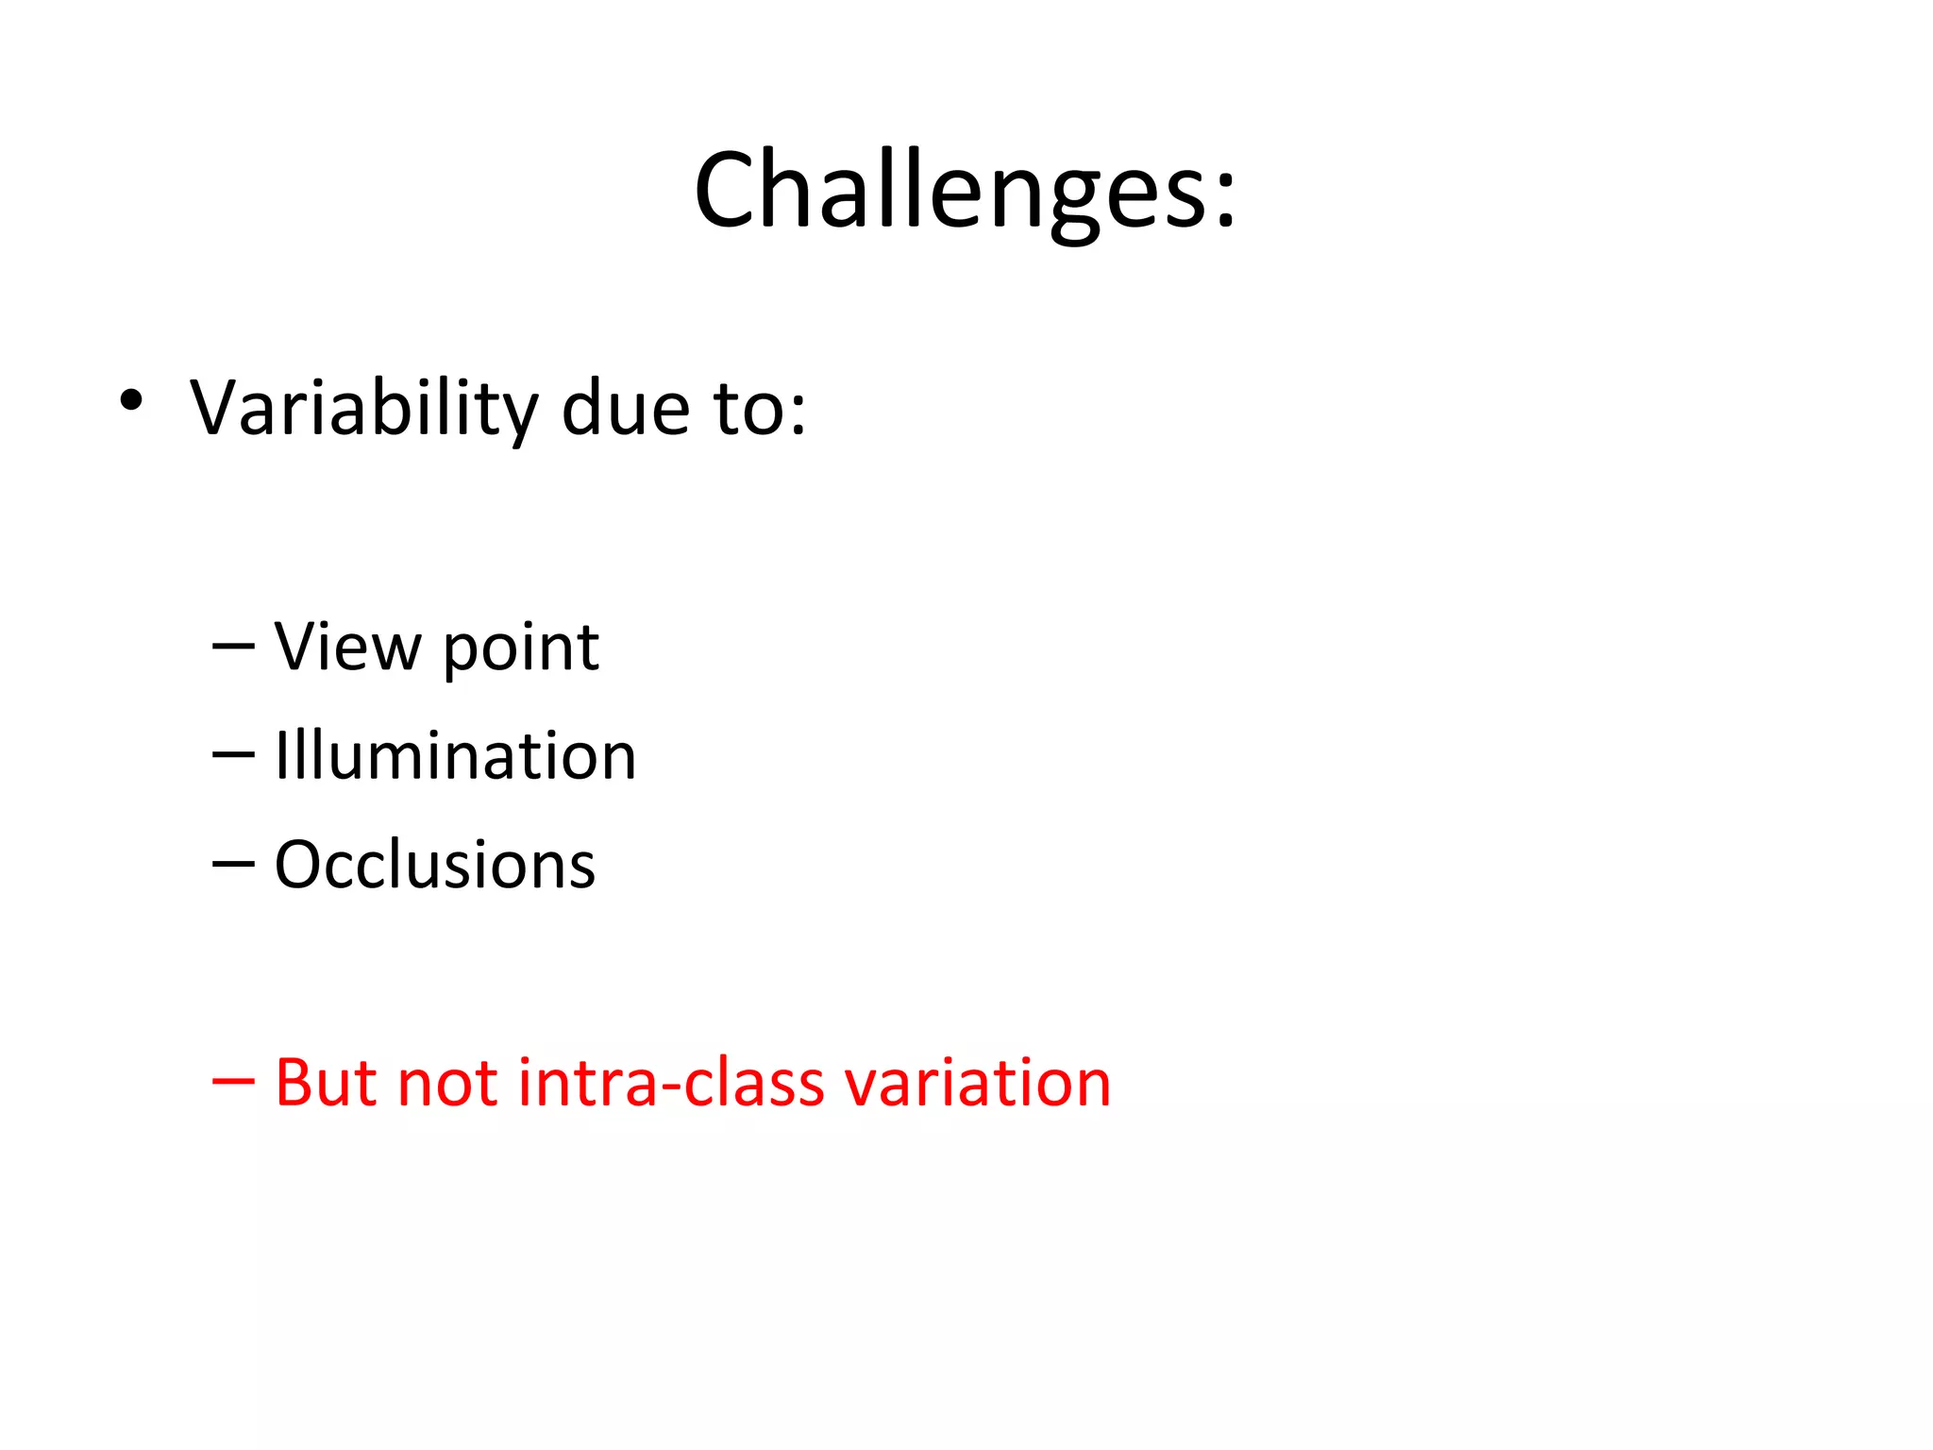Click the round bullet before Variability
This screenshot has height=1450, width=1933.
[131, 400]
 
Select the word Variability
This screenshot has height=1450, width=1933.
[363, 409]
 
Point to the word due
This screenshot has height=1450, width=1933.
[625, 409]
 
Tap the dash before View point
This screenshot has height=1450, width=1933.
[233, 647]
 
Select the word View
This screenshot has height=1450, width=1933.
[347, 648]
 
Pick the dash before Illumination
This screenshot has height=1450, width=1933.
[233, 755]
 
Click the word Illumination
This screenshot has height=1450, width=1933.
[455, 756]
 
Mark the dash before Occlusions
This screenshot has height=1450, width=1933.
[233, 864]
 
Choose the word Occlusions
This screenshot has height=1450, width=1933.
[434, 865]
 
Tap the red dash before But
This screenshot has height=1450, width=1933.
[233, 1082]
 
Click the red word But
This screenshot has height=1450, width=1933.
[326, 1082]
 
